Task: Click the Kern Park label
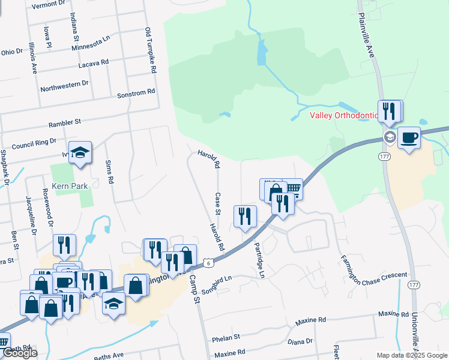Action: tap(70, 187)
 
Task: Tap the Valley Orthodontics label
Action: tap(343, 116)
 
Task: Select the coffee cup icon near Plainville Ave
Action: tap(409, 138)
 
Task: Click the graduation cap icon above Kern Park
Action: tap(79, 153)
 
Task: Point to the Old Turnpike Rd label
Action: tap(151, 50)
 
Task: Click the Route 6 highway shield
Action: tap(208, 263)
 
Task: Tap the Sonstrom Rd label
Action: tap(136, 93)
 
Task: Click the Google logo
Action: tap(20, 353)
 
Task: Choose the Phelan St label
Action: tap(226, 338)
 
